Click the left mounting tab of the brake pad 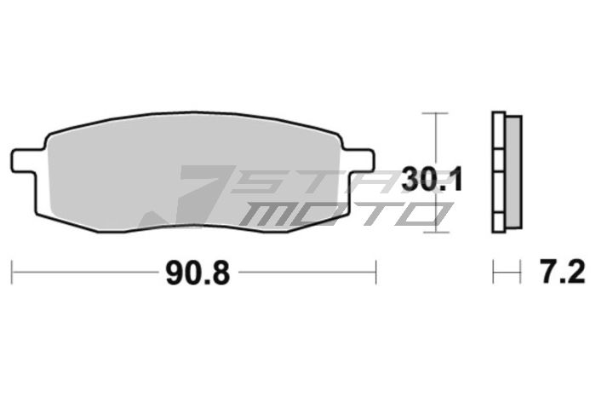coord(26,160)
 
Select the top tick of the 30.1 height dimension coord(435,112)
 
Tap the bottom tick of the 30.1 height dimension coord(435,230)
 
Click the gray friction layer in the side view coord(513,170)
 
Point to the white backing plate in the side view coord(499,170)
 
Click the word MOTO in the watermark coord(341,213)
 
